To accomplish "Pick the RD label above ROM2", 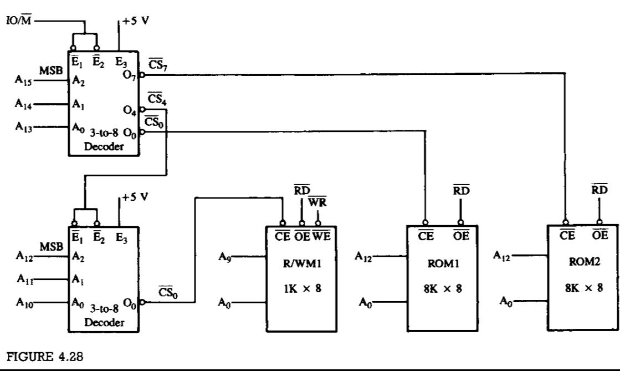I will pyautogui.click(x=599, y=190).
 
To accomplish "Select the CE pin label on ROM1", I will pyautogui.click(x=426, y=236).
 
